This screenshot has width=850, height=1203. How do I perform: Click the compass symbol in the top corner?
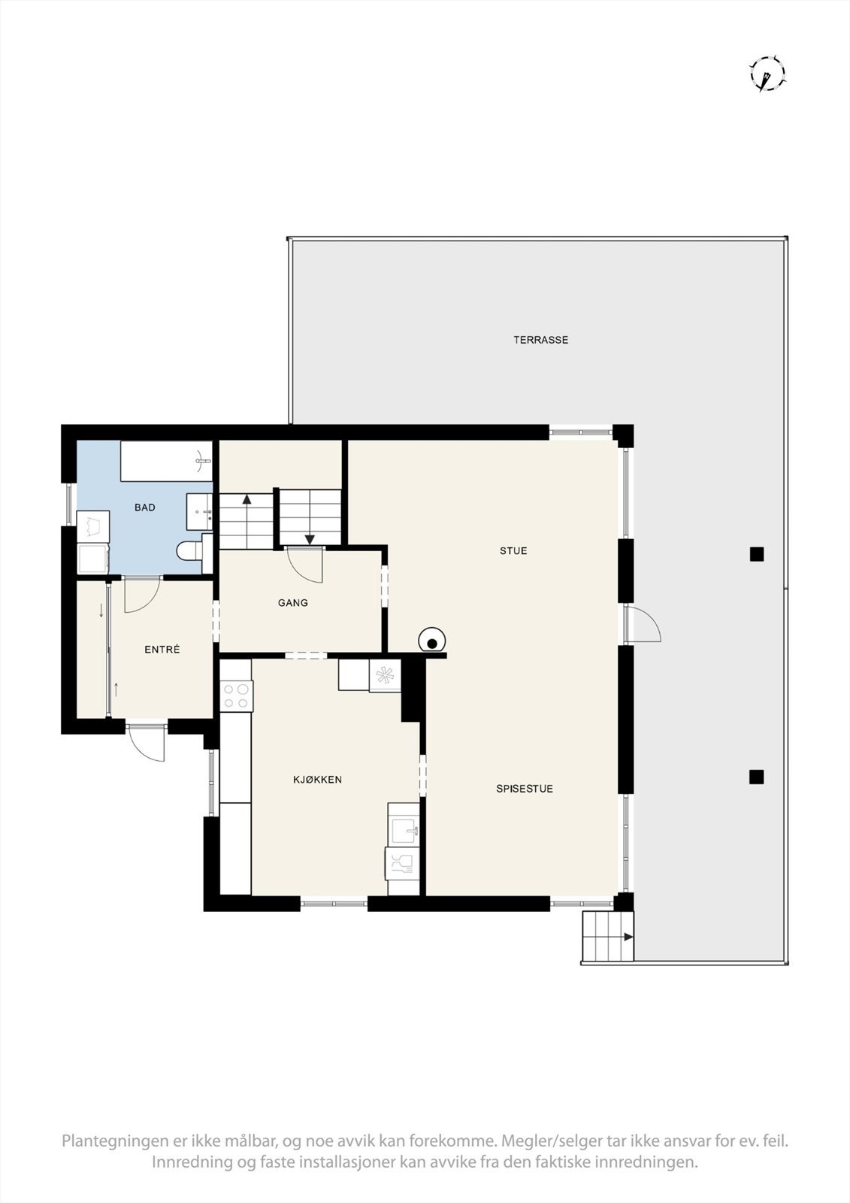coord(767,74)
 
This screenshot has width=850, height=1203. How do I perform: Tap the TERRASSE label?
coord(540,340)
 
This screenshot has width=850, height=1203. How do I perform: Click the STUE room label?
coord(513,551)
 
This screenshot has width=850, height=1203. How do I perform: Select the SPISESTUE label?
coord(525,789)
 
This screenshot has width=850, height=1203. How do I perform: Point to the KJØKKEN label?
coord(317,780)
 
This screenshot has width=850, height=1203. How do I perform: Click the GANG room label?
coord(292,603)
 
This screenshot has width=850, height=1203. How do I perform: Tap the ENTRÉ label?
coord(162,650)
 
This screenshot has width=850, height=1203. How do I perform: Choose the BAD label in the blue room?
coord(145,508)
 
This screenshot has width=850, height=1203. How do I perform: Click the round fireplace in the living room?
coord(432,641)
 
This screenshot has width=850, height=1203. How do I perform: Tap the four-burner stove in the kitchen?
coord(237,695)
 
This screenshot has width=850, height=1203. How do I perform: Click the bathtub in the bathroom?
coord(167,461)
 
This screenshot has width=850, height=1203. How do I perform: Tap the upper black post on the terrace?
coord(757,555)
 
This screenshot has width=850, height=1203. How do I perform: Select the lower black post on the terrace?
coord(757,777)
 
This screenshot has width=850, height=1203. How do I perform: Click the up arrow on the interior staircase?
coord(247,499)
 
